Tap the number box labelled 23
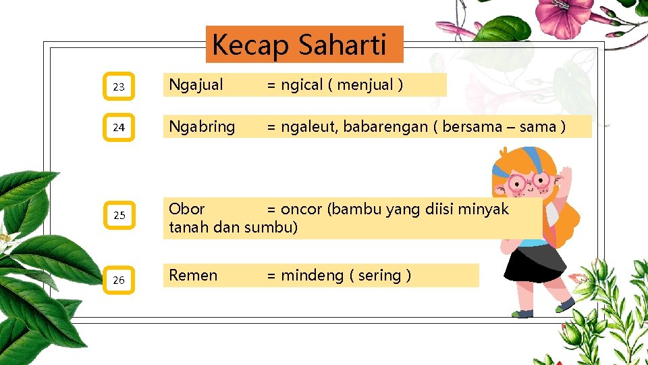coord(119,87)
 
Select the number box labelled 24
coord(119,127)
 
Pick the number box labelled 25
coord(119,216)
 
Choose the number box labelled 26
coord(119,280)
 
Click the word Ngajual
coord(196,85)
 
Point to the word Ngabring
coord(202,126)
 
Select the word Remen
coord(193,275)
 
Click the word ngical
coord(302,85)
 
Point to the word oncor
coord(301,210)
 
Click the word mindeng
coord(311,275)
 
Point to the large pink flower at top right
coord(563,16)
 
